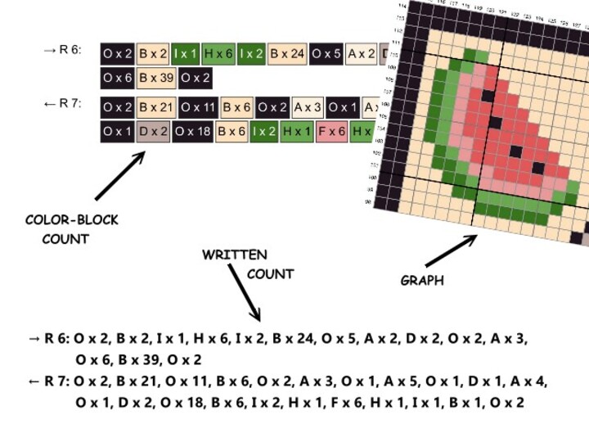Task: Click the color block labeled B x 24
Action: [x=287, y=54]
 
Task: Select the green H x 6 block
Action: [x=218, y=54]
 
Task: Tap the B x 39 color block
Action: [x=156, y=79]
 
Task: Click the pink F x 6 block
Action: [x=330, y=131]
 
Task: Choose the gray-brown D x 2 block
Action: [x=152, y=131]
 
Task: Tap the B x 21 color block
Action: [x=156, y=107]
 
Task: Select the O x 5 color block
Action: [x=326, y=54]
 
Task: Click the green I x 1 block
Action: [x=186, y=54]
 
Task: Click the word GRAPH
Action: [x=422, y=281]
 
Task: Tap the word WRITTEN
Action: [x=234, y=255]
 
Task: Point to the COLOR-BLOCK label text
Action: [x=71, y=220]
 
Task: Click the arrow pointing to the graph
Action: [x=450, y=250]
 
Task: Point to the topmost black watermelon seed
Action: [x=488, y=96]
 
